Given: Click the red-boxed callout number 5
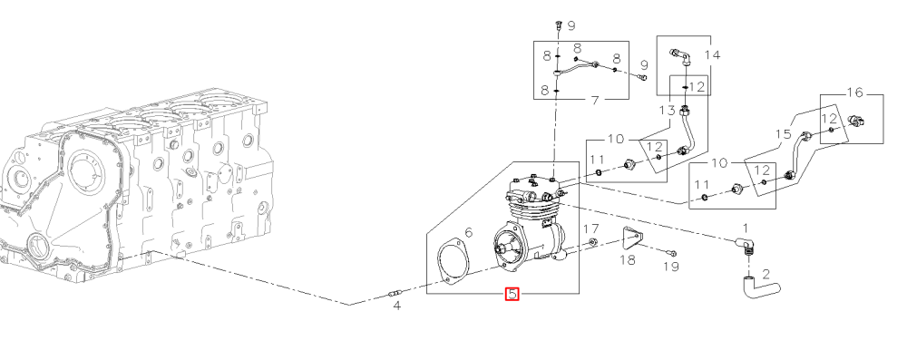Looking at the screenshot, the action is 512,294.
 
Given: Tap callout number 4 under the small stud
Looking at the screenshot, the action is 397,306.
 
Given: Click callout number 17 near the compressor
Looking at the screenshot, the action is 590,229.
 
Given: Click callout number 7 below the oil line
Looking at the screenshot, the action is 595,101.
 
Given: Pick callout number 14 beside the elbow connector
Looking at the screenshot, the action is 713,55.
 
